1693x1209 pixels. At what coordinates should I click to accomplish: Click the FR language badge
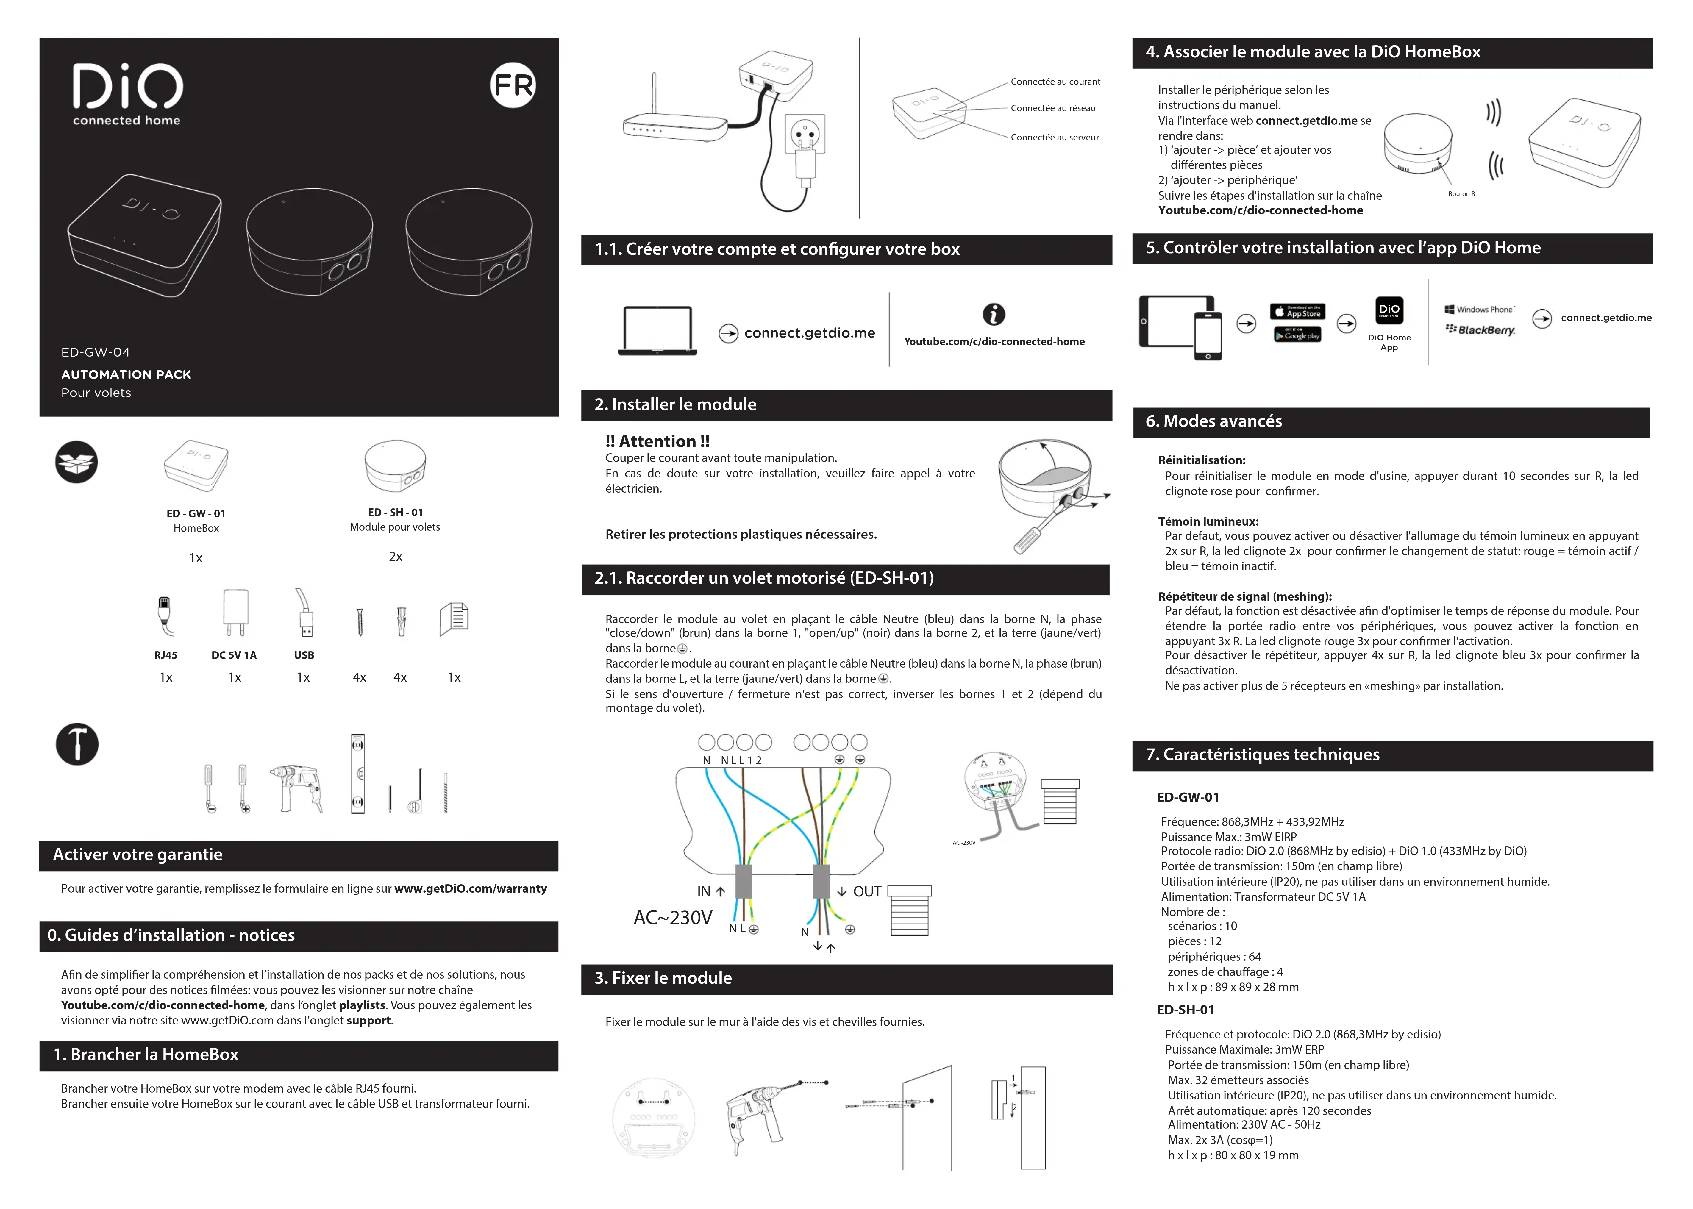tap(513, 86)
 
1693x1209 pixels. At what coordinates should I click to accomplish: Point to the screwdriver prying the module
tap(1038, 529)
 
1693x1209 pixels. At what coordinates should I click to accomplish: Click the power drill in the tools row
tap(298, 788)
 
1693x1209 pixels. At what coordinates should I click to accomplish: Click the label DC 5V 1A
tap(234, 655)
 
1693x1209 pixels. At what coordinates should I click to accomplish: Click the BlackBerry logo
tap(1480, 330)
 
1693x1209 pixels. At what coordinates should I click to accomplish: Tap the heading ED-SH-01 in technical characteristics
tap(1185, 1010)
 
